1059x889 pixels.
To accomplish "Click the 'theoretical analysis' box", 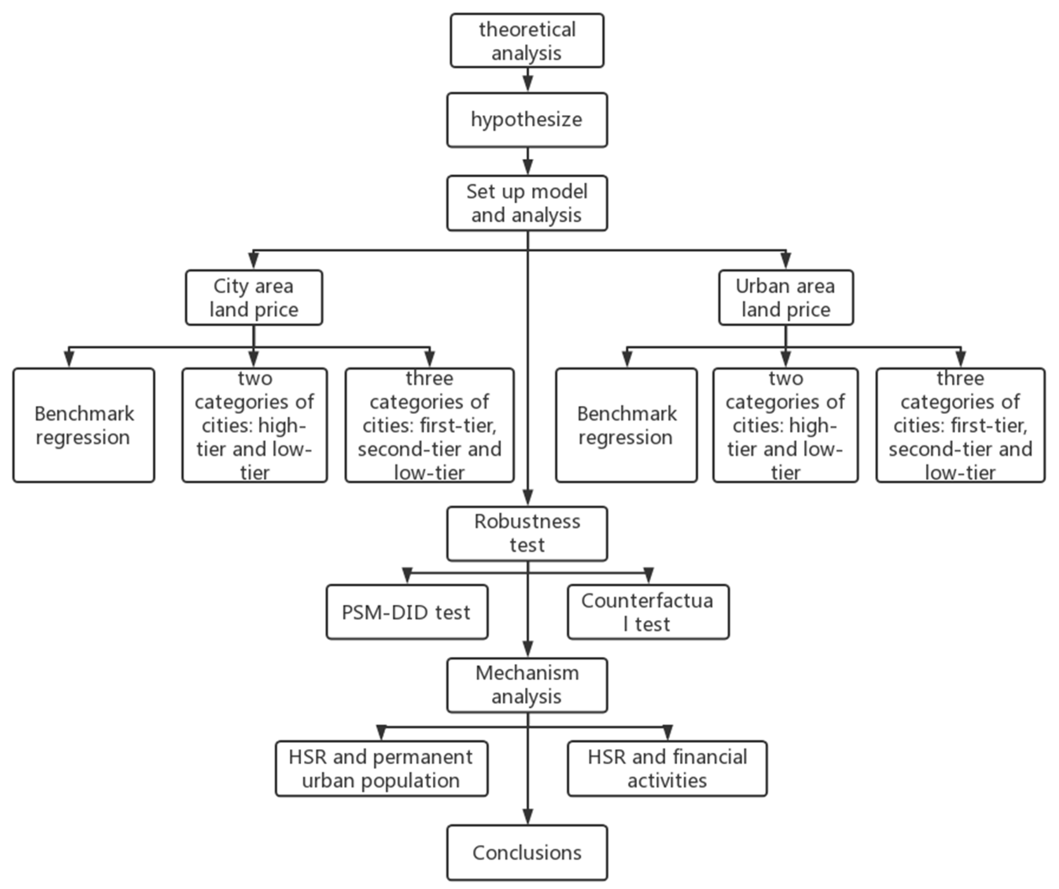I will [527, 41].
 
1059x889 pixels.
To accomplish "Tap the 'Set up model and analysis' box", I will [527, 203].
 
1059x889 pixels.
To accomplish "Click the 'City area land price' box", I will [253, 298].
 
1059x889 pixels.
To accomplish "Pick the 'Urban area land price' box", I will [786, 298].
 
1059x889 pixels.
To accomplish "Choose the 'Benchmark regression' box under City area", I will [84, 425].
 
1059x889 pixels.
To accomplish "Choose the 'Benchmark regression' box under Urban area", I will [626, 425].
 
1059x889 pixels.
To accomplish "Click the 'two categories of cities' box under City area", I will [255, 425].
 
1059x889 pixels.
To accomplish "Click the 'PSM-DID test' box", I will [407, 612].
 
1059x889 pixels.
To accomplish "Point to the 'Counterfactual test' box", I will [648, 612].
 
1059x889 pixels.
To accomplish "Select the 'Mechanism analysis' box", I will [527, 685].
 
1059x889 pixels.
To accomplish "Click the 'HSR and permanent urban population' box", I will [382, 769].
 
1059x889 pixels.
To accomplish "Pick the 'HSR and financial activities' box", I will [667, 769].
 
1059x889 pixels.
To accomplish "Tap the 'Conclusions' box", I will [527, 853].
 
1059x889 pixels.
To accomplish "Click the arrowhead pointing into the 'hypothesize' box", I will [527, 84].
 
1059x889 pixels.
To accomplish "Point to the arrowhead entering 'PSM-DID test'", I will [407, 576].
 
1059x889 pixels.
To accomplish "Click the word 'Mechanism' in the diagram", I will [527, 673].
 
